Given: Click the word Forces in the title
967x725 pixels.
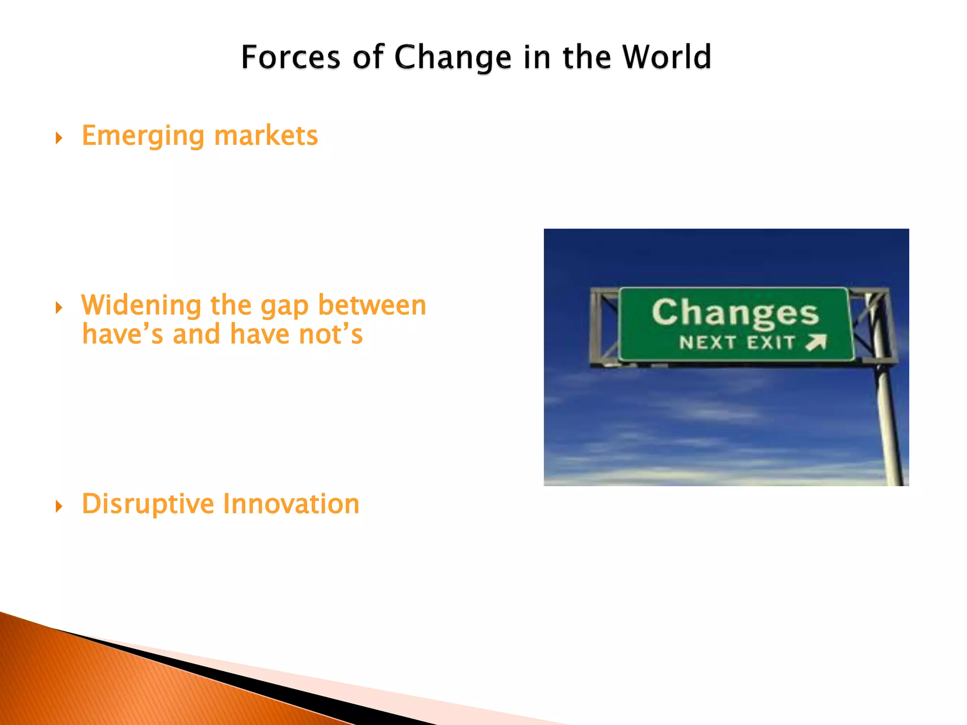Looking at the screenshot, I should [x=290, y=58].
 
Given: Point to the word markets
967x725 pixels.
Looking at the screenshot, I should [x=266, y=136].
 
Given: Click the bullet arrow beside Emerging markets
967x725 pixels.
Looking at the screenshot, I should [x=59, y=138].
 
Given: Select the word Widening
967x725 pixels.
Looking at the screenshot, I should [x=141, y=306].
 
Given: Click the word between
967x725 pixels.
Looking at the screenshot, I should [x=372, y=305].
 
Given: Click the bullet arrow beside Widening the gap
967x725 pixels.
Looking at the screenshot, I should [x=59, y=308].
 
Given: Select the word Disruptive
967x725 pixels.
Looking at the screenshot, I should [x=148, y=504].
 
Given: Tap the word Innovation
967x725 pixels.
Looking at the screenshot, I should [x=291, y=504].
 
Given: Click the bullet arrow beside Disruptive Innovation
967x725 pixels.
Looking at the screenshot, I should [x=59, y=507].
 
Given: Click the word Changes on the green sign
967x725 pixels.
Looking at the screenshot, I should [x=735, y=312].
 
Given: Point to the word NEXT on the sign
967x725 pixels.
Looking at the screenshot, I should [x=707, y=342].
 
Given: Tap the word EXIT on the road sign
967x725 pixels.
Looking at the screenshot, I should [x=771, y=342].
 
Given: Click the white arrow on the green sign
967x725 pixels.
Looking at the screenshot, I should [x=816, y=342].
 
